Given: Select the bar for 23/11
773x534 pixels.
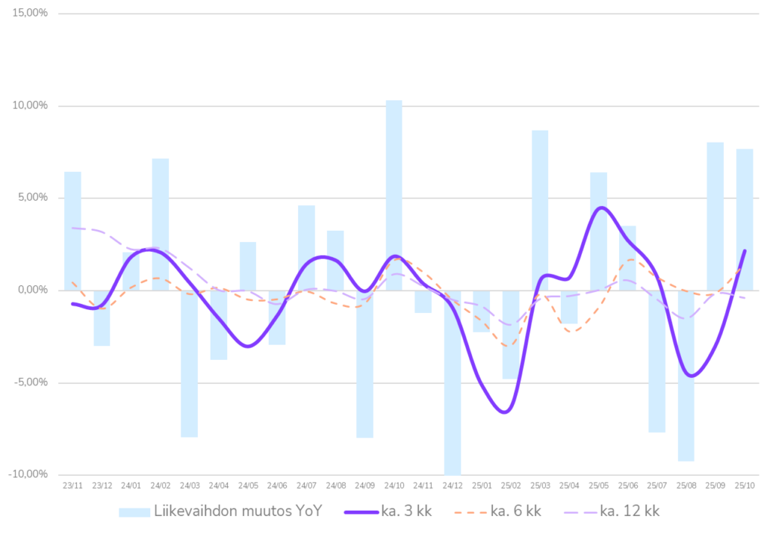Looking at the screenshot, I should (72, 230).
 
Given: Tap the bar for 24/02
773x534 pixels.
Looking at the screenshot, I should (160, 224).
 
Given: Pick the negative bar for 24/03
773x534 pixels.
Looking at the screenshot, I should (189, 364).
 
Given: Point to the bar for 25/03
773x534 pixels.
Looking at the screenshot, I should (540, 210).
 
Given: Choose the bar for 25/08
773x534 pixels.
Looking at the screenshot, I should (685, 376).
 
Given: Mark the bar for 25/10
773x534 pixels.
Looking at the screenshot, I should (744, 219).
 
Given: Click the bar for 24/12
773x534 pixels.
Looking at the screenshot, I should (452, 382).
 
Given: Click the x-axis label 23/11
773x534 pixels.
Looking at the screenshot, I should (72, 486).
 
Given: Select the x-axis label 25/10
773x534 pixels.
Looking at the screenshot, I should (744, 486).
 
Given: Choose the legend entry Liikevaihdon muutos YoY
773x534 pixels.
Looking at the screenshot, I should (220, 511).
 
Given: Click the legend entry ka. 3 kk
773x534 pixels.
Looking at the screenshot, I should (388, 511).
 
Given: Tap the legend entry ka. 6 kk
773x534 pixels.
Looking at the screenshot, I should (497, 511).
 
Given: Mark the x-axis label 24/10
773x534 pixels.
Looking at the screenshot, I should (394, 486).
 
